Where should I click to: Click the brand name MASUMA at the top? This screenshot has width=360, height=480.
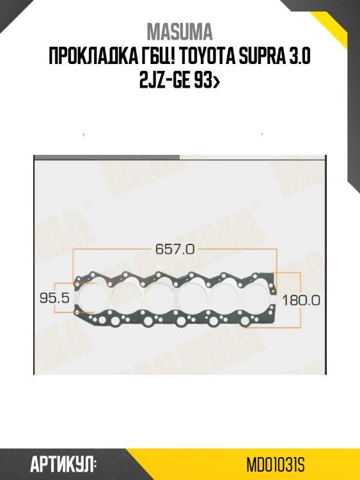tap(180, 32)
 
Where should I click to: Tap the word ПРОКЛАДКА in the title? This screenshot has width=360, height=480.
tap(90, 56)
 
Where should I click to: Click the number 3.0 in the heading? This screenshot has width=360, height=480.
tap(298, 56)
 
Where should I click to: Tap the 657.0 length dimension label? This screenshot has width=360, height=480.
tap(175, 249)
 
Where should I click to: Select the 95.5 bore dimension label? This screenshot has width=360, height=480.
tap(55, 298)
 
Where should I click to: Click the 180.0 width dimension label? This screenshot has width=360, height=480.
tap(301, 300)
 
